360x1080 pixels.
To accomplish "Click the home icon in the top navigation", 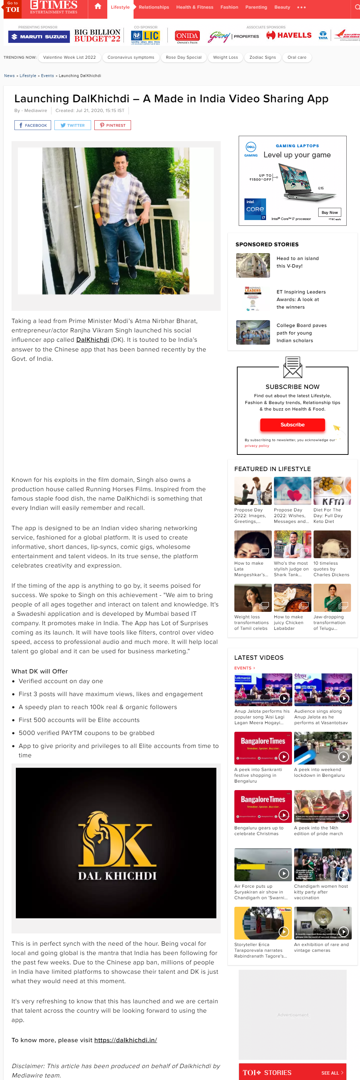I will (98, 7).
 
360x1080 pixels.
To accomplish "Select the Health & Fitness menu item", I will (194, 7).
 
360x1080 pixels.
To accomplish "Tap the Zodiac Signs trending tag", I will (262, 57).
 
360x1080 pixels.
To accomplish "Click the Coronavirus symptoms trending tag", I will (131, 57).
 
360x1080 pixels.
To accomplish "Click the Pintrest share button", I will (113, 125).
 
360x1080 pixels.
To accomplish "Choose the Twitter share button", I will (72, 125).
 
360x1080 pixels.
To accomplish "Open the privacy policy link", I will (257, 446).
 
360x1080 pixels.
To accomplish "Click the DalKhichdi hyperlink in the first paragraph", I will (93, 340).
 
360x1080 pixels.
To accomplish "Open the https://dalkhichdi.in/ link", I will (126, 1040).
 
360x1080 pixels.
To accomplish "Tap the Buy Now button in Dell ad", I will (329, 212).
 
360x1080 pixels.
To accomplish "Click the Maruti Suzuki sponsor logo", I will (39, 37).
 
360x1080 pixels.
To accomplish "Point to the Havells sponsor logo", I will (289, 36).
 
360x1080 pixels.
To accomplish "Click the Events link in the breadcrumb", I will (48, 76).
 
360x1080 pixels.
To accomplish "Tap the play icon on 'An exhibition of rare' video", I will (343, 931).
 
